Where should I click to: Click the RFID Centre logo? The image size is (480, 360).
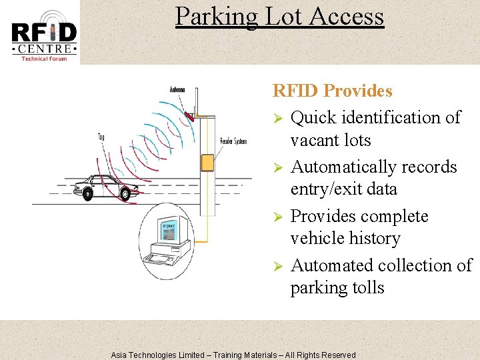click(x=44, y=35)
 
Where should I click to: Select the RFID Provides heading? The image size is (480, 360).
click(x=332, y=91)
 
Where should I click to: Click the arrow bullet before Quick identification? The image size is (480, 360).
click(x=279, y=119)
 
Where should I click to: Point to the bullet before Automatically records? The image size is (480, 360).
click(x=279, y=168)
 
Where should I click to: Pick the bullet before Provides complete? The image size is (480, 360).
click(x=279, y=217)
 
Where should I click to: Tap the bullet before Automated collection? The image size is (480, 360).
click(x=279, y=267)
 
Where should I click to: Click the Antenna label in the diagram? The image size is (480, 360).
click(x=177, y=90)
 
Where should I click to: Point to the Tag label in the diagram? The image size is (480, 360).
click(x=101, y=137)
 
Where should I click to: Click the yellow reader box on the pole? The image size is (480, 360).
click(x=207, y=163)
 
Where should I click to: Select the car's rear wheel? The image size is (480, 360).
click(x=87, y=194)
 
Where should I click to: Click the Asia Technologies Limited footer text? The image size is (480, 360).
click(x=233, y=355)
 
